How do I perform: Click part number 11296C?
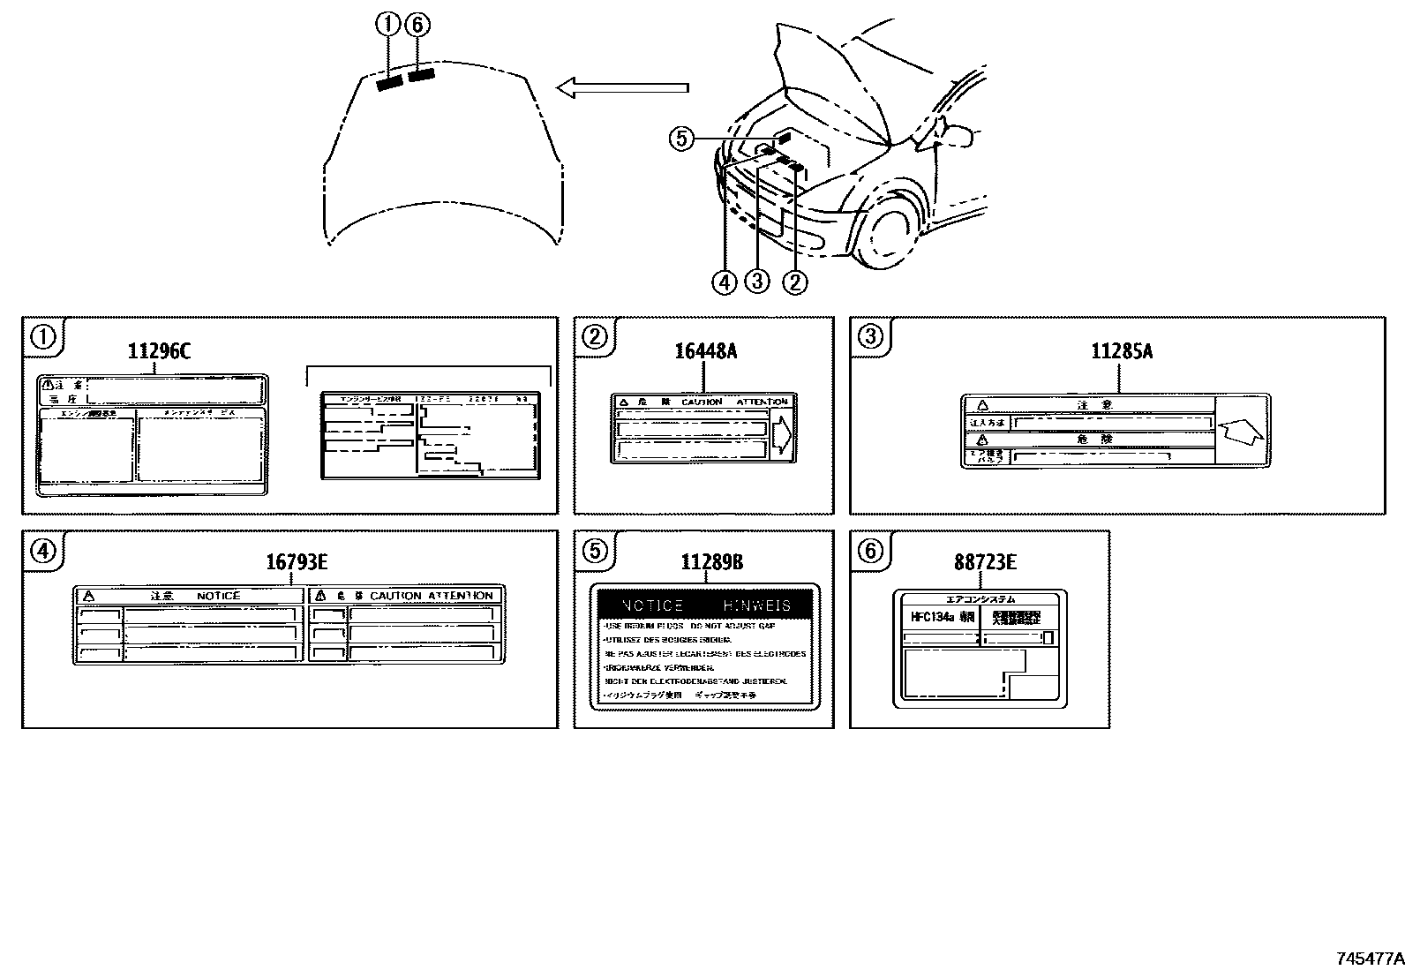[x=159, y=350]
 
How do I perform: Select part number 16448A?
[x=705, y=350]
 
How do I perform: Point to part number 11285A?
[x=1122, y=350]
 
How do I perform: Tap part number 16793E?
[x=297, y=562]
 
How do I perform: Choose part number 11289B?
[x=711, y=562]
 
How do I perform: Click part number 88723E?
[x=985, y=562]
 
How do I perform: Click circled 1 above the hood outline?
[x=387, y=25]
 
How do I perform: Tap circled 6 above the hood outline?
[x=417, y=25]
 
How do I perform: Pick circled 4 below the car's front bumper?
[x=725, y=282]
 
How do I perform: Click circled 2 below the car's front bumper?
[x=795, y=282]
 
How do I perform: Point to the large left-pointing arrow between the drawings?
[x=622, y=86]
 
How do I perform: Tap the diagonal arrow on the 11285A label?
[x=1241, y=432]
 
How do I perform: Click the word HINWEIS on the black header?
[x=756, y=605]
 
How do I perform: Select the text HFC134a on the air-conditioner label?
[x=932, y=617]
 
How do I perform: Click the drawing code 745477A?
[x=1368, y=959]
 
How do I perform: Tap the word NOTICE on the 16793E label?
[x=218, y=596]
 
